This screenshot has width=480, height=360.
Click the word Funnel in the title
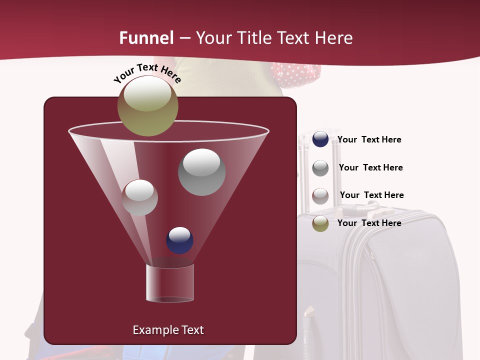pyautogui.click(x=146, y=37)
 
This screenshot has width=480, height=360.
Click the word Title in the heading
pyautogui.click(x=254, y=37)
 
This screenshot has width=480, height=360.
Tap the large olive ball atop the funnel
pyautogui.click(x=147, y=105)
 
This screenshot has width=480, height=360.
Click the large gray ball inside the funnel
pyautogui.click(x=201, y=172)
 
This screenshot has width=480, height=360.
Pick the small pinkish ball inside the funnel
pyautogui.click(x=139, y=197)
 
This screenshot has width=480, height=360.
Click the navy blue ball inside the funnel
pyautogui.click(x=179, y=240)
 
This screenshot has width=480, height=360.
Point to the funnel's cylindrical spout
pyautogui.click(x=170, y=282)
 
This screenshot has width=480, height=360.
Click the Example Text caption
pyautogui.click(x=168, y=330)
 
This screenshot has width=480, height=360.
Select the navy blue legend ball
pyautogui.click(x=320, y=139)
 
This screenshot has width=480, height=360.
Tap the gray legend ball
pyautogui.click(x=320, y=167)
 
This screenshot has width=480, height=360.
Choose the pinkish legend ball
pyautogui.click(x=320, y=195)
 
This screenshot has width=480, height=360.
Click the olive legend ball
pyautogui.click(x=320, y=223)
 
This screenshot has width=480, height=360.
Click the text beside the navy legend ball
pyautogui.click(x=369, y=140)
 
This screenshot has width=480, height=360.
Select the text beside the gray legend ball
pyautogui.click(x=370, y=167)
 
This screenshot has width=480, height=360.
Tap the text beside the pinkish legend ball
pyautogui.click(x=371, y=195)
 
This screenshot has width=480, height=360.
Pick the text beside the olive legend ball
pyautogui.click(x=369, y=223)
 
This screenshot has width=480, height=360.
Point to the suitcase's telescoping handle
pyautogui.click(x=303, y=170)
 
